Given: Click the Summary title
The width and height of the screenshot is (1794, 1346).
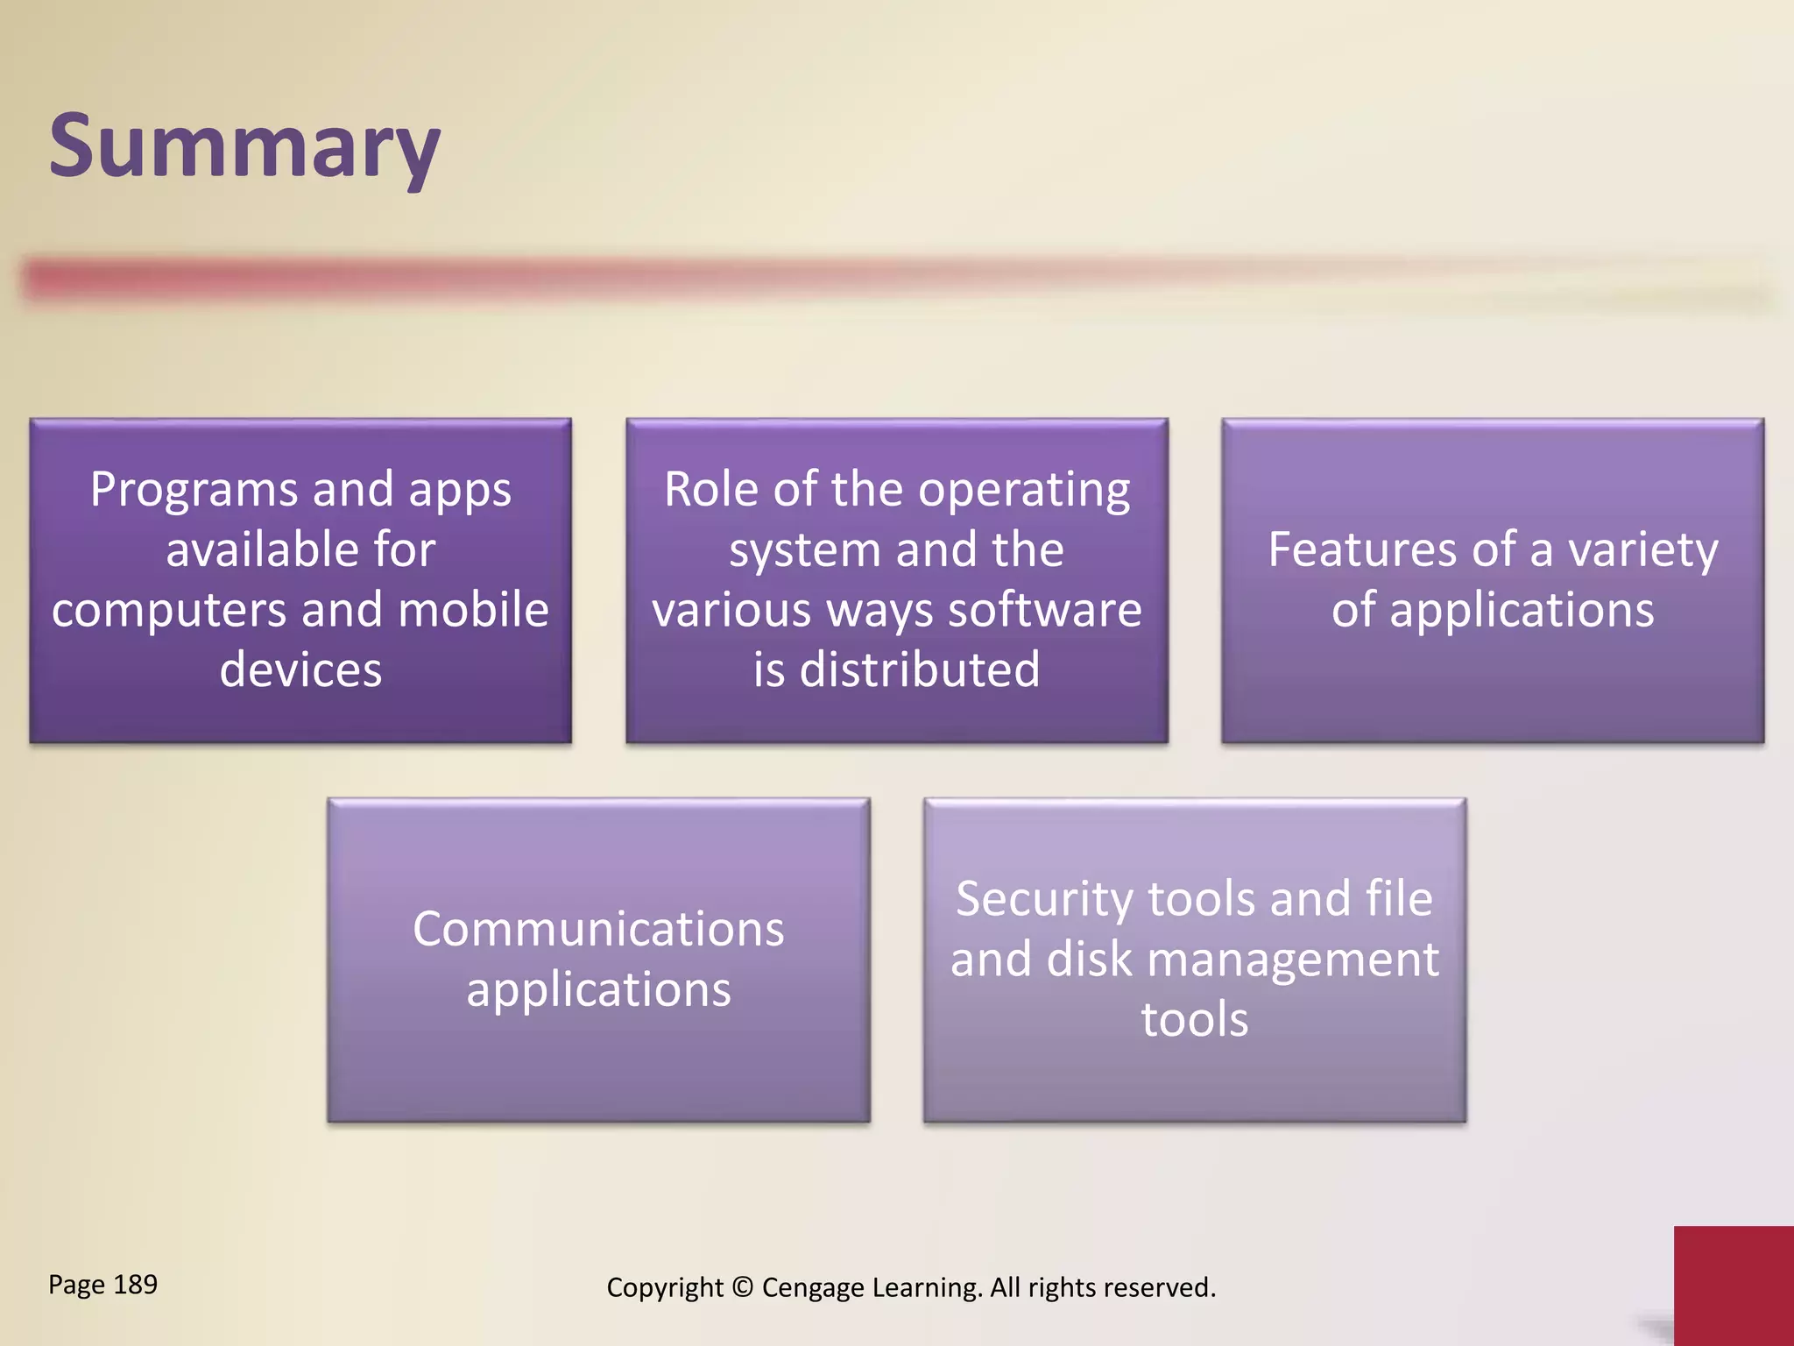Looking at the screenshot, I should click(244, 147).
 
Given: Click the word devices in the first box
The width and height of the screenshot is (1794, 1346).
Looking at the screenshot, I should click(300, 669).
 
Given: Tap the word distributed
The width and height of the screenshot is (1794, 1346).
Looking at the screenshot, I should click(920, 669).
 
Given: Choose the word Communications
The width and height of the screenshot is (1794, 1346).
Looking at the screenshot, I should click(598, 929).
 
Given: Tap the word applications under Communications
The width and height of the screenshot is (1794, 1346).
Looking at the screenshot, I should click(598, 991).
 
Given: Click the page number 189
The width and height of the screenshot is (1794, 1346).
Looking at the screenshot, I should click(135, 1285).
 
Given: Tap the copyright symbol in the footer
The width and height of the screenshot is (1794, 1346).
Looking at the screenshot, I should click(742, 1287).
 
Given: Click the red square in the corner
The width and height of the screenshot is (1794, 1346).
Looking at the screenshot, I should click(1733, 1285).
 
